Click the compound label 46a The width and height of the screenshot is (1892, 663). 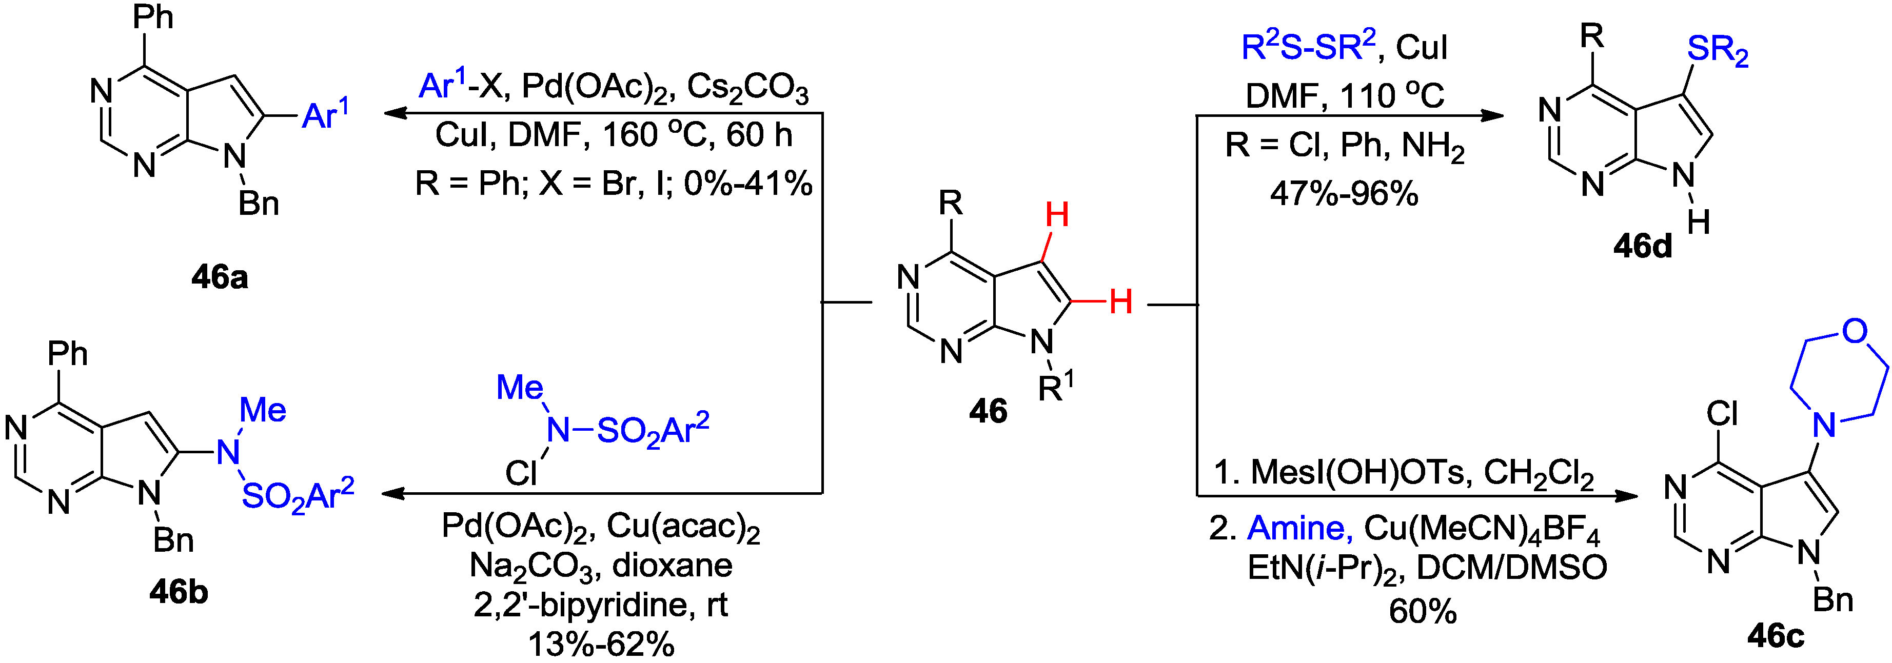[x=220, y=277]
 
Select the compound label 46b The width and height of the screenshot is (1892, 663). [x=179, y=592]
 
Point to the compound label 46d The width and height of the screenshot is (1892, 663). [x=1642, y=247]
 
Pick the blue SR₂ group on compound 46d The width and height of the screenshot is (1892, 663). [x=1717, y=50]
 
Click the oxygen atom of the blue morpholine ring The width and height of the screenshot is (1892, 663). [x=1855, y=331]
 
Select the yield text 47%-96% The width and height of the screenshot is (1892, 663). [x=1344, y=194]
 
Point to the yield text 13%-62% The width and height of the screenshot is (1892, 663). [x=601, y=645]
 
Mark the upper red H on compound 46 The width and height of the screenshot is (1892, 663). [x=1057, y=215]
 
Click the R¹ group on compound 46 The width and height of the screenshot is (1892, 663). [x=1055, y=387]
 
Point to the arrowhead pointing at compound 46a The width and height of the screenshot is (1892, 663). [x=393, y=113]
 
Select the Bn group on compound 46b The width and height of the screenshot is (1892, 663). [x=173, y=540]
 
